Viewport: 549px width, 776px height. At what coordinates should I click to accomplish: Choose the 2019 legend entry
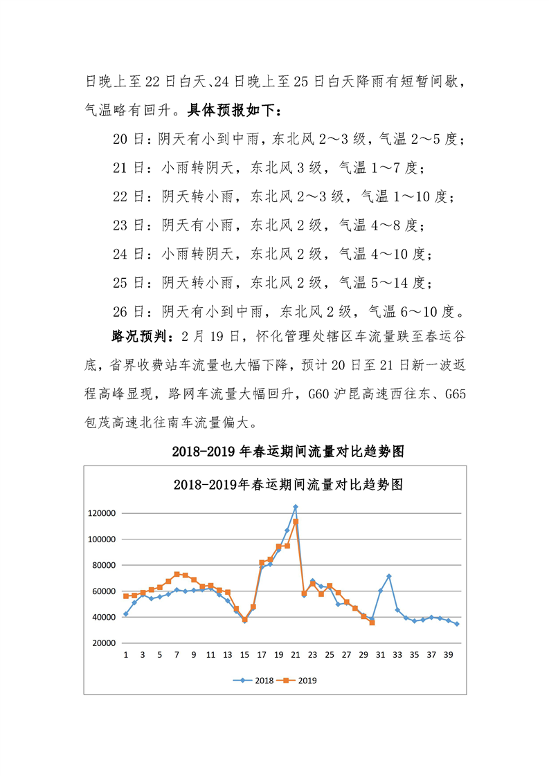click(x=299, y=681)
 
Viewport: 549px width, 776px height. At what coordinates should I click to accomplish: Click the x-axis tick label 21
click(x=296, y=655)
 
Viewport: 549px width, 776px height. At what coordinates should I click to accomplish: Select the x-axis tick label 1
click(x=126, y=655)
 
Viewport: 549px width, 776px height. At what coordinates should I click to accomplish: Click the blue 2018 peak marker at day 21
click(x=296, y=507)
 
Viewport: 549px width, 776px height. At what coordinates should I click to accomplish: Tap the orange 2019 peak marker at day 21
click(x=296, y=521)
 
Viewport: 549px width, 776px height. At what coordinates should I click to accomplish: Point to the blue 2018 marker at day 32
click(x=389, y=576)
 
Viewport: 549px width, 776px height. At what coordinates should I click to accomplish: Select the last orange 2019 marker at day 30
click(x=372, y=622)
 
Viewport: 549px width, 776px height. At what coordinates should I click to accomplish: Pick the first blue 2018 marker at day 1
click(x=126, y=614)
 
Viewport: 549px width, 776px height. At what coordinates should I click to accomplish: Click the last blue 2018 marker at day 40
click(x=457, y=624)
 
